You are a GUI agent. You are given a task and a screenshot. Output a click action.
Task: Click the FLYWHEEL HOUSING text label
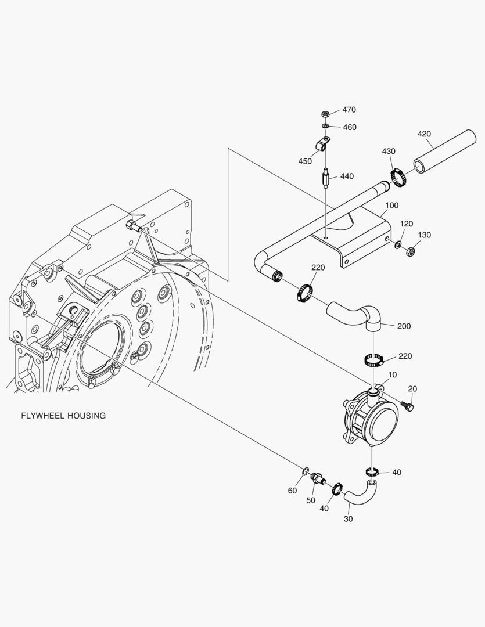[63, 416]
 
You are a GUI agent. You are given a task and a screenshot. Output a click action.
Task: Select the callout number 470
[349, 110]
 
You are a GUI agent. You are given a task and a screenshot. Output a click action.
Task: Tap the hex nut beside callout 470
[326, 114]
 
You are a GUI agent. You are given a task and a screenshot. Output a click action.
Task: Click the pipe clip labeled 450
[322, 143]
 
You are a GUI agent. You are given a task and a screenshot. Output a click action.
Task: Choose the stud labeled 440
[325, 176]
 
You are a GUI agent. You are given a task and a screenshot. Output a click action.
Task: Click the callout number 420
[425, 134]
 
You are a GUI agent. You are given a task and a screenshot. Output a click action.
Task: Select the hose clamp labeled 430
[397, 177]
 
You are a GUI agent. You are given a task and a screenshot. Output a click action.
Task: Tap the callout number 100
[392, 206]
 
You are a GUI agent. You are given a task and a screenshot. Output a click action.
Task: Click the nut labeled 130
[409, 251]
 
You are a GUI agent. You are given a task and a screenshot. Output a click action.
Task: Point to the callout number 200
[404, 326]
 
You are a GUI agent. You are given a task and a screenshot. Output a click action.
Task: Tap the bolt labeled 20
[408, 406]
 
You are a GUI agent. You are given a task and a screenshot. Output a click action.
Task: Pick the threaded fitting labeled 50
[317, 479]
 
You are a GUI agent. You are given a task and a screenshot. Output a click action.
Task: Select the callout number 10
[393, 375]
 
